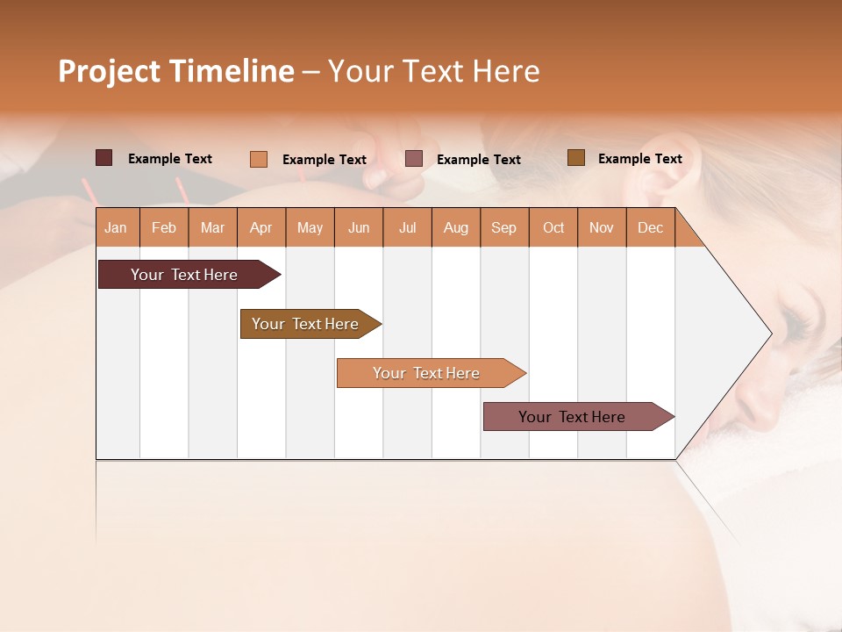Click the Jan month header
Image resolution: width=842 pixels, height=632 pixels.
(116, 227)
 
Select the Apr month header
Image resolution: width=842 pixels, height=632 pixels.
(260, 227)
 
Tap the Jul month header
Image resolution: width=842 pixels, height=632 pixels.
(407, 227)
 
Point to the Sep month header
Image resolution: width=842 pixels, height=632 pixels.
(503, 227)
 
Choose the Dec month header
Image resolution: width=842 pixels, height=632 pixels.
(650, 227)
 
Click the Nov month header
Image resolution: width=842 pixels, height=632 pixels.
(601, 227)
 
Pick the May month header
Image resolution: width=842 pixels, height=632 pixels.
(310, 227)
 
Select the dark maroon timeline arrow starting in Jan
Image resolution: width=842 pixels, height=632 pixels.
(185, 275)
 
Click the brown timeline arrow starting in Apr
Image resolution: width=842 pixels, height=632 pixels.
(306, 324)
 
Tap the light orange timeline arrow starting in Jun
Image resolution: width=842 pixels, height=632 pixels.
(427, 373)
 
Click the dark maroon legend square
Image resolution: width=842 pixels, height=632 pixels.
(103, 158)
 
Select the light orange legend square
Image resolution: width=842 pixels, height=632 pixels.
(258, 159)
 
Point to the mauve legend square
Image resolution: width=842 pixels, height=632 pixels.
(414, 159)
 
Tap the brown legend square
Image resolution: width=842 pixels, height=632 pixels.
(576, 158)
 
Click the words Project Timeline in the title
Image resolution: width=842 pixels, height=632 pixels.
(175, 71)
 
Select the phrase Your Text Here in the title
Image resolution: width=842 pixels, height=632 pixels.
(433, 71)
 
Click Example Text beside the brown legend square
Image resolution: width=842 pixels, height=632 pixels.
(639, 158)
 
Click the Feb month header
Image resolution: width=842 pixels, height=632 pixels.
(164, 227)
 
